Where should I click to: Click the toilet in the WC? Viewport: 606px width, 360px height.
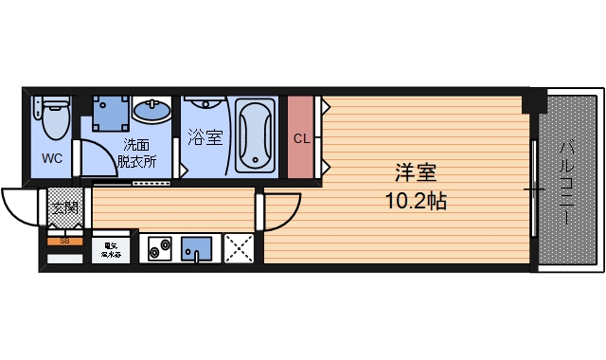click(54, 117)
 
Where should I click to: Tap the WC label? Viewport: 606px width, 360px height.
click(52, 159)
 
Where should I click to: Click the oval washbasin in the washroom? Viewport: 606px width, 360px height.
click(151, 110)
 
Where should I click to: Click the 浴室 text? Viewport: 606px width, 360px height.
click(205, 137)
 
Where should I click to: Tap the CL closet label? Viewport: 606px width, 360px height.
click(301, 138)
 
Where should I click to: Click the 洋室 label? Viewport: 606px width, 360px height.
click(416, 174)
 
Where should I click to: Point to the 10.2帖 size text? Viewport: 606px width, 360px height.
click(416, 201)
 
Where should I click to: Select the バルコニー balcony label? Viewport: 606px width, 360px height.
click(566, 182)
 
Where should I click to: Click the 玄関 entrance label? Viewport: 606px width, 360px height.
click(65, 208)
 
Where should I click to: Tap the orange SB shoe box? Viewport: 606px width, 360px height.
click(64, 242)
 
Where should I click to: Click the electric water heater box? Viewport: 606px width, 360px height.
click(112, 248)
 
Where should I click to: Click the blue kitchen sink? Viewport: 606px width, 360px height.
click(199, 248)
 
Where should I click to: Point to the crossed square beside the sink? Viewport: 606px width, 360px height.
click(240, 248)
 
